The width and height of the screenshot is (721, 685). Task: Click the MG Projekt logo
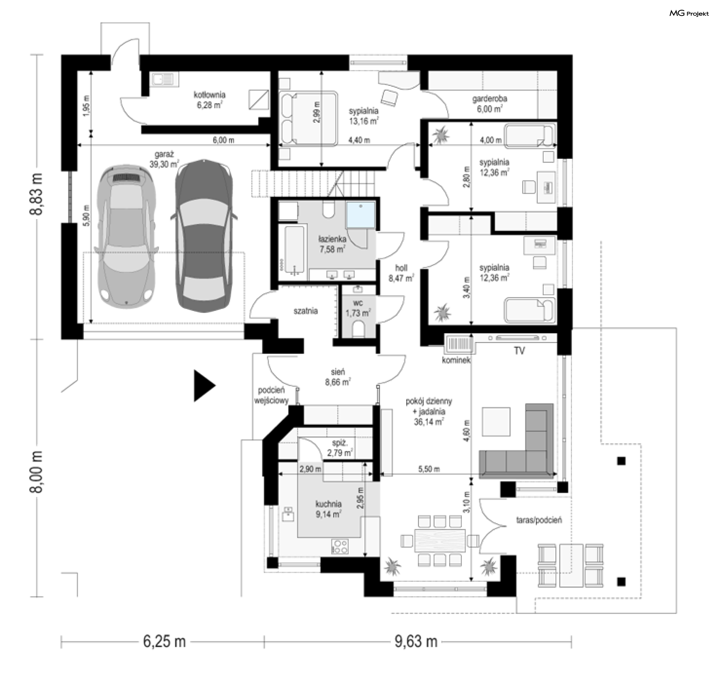tap(689, 14)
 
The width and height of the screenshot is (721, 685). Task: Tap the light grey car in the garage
tap(126, 234)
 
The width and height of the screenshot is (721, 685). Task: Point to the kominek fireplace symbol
tap(459, 345)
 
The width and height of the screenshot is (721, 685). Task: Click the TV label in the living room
tap(519, 351)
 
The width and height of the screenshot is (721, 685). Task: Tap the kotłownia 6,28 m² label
tap(210, 100)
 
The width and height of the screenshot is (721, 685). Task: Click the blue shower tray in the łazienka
tap(360, 215)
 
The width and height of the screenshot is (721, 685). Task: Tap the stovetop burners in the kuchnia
tap(340, 546)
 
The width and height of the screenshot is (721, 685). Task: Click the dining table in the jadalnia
tap(440, 540)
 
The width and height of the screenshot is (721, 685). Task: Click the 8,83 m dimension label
tap(36, 194)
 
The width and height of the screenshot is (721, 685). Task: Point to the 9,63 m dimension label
tap(416, 641)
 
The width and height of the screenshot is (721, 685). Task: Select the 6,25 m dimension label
tap(164, 641)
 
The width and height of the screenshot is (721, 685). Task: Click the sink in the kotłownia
tap(163, 79)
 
